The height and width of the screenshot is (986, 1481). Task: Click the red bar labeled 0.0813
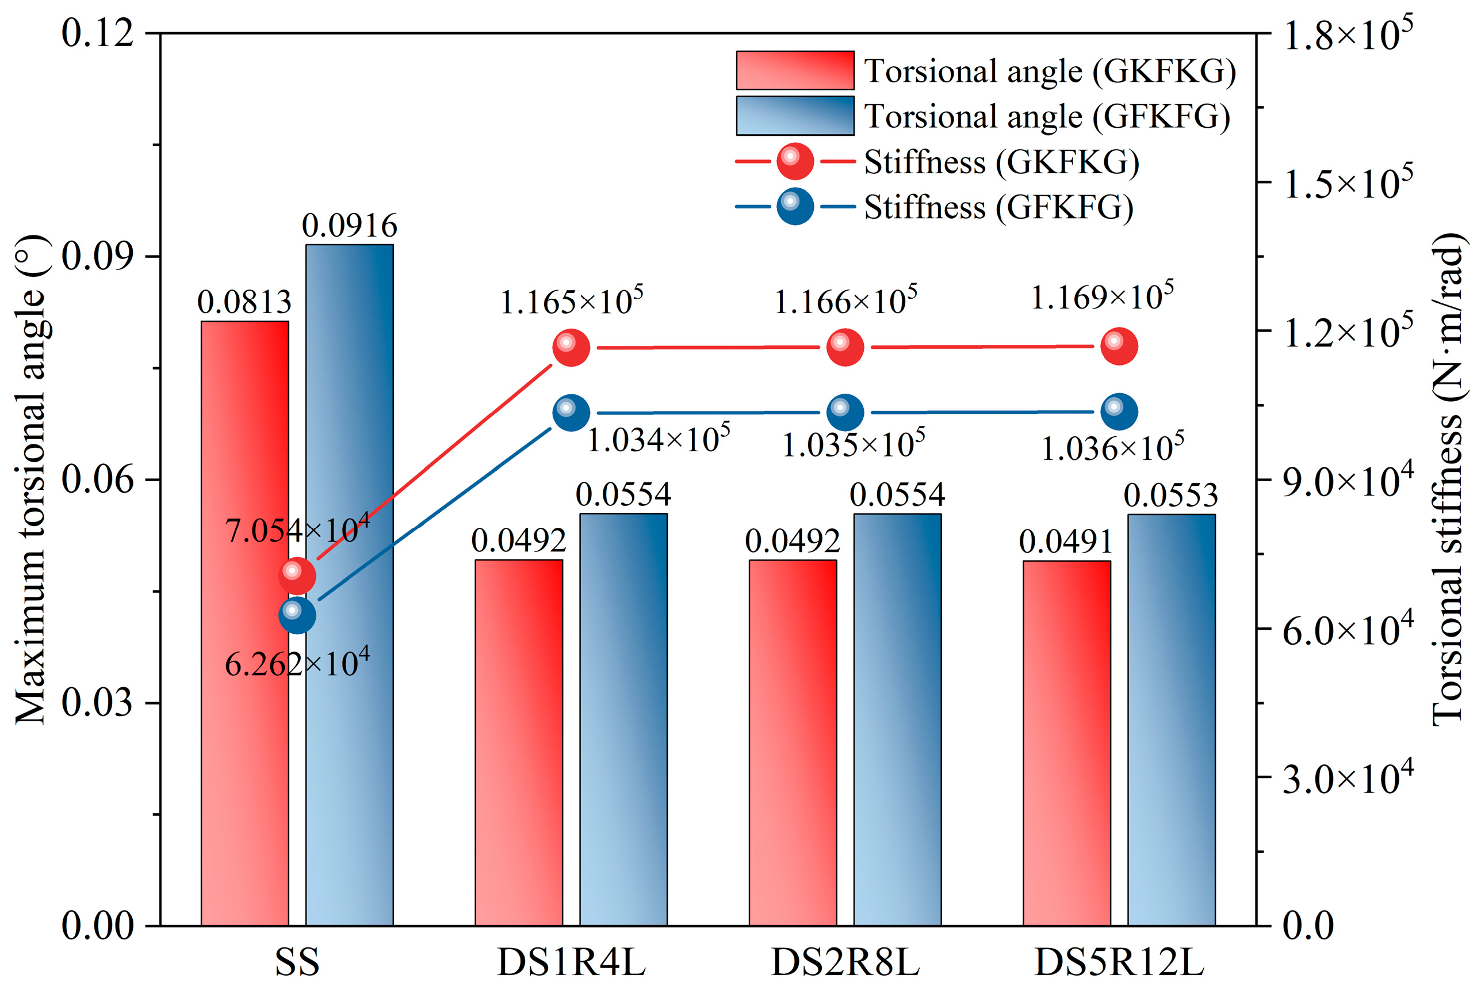pyautogui.click(x=244, y=623)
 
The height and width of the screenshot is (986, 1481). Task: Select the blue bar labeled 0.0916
pyautogui.click(x=349, y=585)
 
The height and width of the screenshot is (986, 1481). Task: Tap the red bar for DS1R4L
pyautogui.click(x=518, y=742)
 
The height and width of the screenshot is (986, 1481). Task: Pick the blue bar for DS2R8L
pyautogui.click(x=897, y=719)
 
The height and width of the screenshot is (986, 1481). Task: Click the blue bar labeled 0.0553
pyautogui.click(x=1171, y=720)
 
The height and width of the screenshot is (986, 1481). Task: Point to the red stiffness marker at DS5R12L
pyautogui.click(x=1119, y=346)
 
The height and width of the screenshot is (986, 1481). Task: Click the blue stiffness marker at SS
pyautogui.click(x=297, y=614)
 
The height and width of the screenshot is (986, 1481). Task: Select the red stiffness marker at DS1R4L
pyautogui.click(x=571, y=347)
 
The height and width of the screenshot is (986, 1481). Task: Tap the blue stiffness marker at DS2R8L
pyautogui.click(x=845, y=413)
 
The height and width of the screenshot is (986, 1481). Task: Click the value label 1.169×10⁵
pyautogui.click(x=1102, y=296)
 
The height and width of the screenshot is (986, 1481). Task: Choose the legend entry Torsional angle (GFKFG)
pyautogui.click(x=983, y=116)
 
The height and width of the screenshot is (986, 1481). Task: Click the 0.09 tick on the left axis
pyautogui.click(x=98, y=257)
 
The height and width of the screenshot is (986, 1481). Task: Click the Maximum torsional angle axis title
pyautogui.click(x=32, y=481)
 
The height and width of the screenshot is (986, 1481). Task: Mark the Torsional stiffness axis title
pyautogui.click(x=1448, y=481)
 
